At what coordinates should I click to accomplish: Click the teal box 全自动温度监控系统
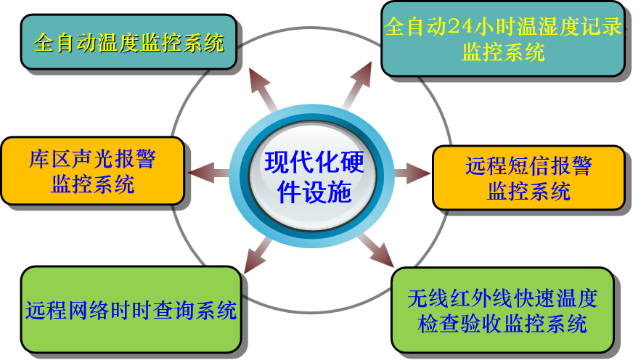point(129,43)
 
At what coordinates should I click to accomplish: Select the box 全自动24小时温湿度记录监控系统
point(503,38)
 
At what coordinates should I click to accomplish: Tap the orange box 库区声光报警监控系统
point(93,171)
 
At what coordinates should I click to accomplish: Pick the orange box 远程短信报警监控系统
point(528,178)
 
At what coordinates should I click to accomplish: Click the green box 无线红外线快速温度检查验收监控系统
point(502,310)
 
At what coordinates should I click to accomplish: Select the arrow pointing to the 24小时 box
point(357,86)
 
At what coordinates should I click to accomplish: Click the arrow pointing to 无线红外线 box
point(375,250)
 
